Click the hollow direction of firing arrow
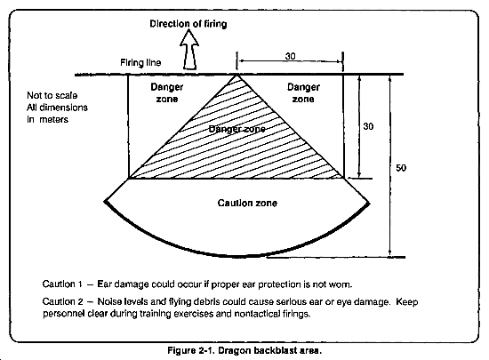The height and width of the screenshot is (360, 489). point(189,50)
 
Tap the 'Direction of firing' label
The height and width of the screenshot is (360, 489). point(188,24)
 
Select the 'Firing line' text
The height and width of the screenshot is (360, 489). point(140,62)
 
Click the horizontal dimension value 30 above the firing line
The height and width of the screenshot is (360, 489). point(290,56)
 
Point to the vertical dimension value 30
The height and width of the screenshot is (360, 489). point(368,126)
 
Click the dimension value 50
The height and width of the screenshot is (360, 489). point(401,168)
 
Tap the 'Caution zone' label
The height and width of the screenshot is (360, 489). point(247,203)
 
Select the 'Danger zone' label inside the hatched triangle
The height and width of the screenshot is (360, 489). point(236,129)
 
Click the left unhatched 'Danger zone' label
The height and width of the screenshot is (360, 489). point(167,92)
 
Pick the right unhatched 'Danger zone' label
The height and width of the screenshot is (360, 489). point(303,92)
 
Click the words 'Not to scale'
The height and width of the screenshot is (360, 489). point(52,95)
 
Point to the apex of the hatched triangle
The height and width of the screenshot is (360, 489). point(236,75)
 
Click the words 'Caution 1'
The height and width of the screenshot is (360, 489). point(62,284)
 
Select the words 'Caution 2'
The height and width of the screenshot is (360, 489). point(63,301)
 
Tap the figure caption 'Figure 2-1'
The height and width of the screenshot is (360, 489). point(190,350)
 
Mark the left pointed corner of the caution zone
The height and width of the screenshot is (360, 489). point(106,202)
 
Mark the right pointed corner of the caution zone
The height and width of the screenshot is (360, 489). point(369,204)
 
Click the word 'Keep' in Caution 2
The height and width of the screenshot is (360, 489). point(407,301)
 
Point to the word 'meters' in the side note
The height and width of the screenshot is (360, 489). point(53,119)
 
